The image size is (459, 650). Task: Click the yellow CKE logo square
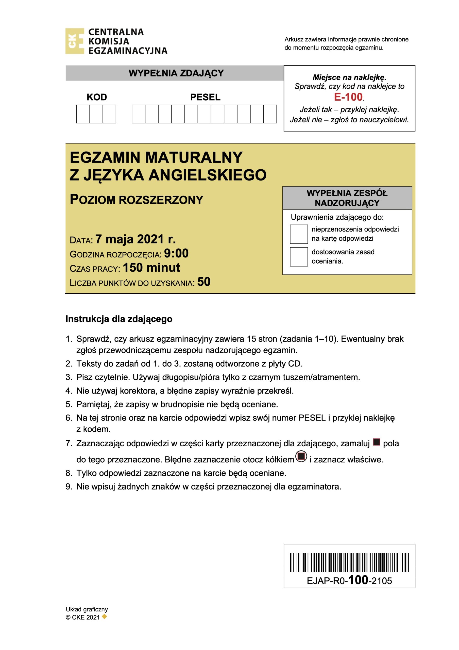[75, 41]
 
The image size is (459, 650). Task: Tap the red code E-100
[348, 97]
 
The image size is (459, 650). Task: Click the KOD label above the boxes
[96, 97]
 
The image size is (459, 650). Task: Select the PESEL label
[205, 97]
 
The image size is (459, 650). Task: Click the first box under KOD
[83, 114]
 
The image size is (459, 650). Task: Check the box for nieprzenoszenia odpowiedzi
[299, 234]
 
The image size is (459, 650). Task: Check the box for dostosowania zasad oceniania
[299, 257]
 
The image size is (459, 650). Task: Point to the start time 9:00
[176, 253]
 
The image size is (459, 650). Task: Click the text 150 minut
[151, 268]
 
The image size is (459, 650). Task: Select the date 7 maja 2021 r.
[135, 239]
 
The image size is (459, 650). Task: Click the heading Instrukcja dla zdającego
[119, 319]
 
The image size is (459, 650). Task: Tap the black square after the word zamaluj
[376, 442]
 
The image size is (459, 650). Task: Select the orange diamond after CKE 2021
[105, 616]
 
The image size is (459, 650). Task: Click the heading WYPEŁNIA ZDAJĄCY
[176, 73]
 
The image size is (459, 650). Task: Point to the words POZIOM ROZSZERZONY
[137, 200]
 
